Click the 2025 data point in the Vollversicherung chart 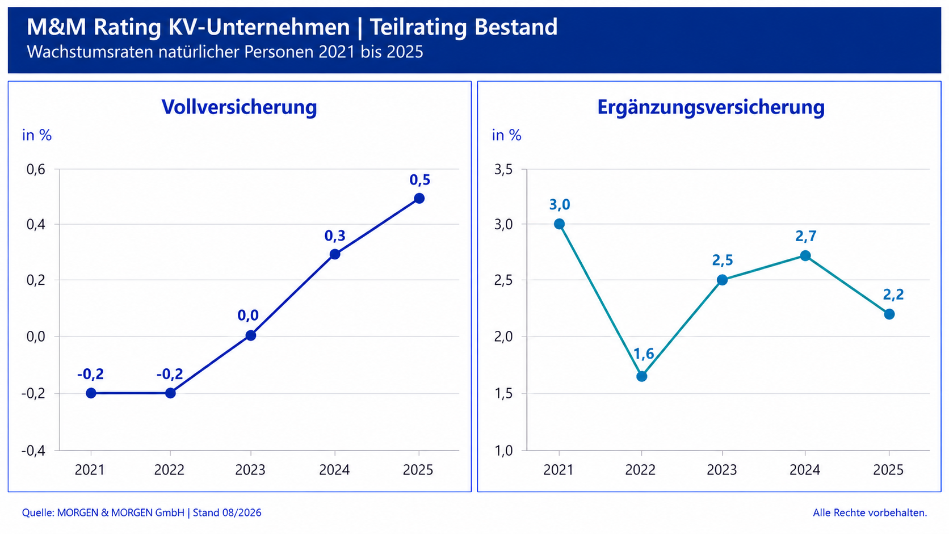pos(419,198)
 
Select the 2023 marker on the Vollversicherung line pos(250,335)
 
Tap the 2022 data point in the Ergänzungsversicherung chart pos(641,376)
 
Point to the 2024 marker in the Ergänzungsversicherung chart pos(805,255)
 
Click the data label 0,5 pos(420,180)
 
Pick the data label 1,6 pos(644,354)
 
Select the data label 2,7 pos(806,236)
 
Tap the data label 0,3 pos(335,236)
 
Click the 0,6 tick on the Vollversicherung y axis pos(36,169)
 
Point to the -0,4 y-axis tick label pos(33,451)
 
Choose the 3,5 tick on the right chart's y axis pos(503,169)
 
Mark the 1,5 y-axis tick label pos(503,393)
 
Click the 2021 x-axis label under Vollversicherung pos(89,470)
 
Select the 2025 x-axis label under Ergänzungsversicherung pos(888,470)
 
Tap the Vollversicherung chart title pos(239,107)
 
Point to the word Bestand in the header pos(515,27)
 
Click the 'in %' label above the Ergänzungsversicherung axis pos(507,135)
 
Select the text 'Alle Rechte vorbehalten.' pos(870,512)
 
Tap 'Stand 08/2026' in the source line pos(227,512)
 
